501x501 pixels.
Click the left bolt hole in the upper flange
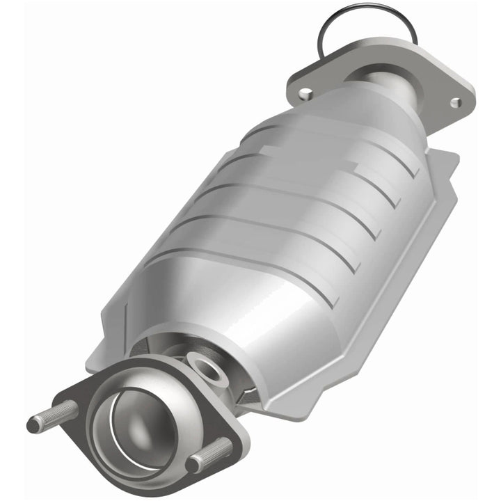pyautogui.click(x=304, y=92)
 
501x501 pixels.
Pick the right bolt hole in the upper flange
pyautogui.click(x=455, y=102)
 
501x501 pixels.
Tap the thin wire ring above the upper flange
pyautogui.click(x=362, y=21)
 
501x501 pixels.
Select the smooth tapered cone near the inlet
pyautogui.click(x=209, y=299)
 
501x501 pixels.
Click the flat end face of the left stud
pyautogui.click(x=32, y=423)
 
